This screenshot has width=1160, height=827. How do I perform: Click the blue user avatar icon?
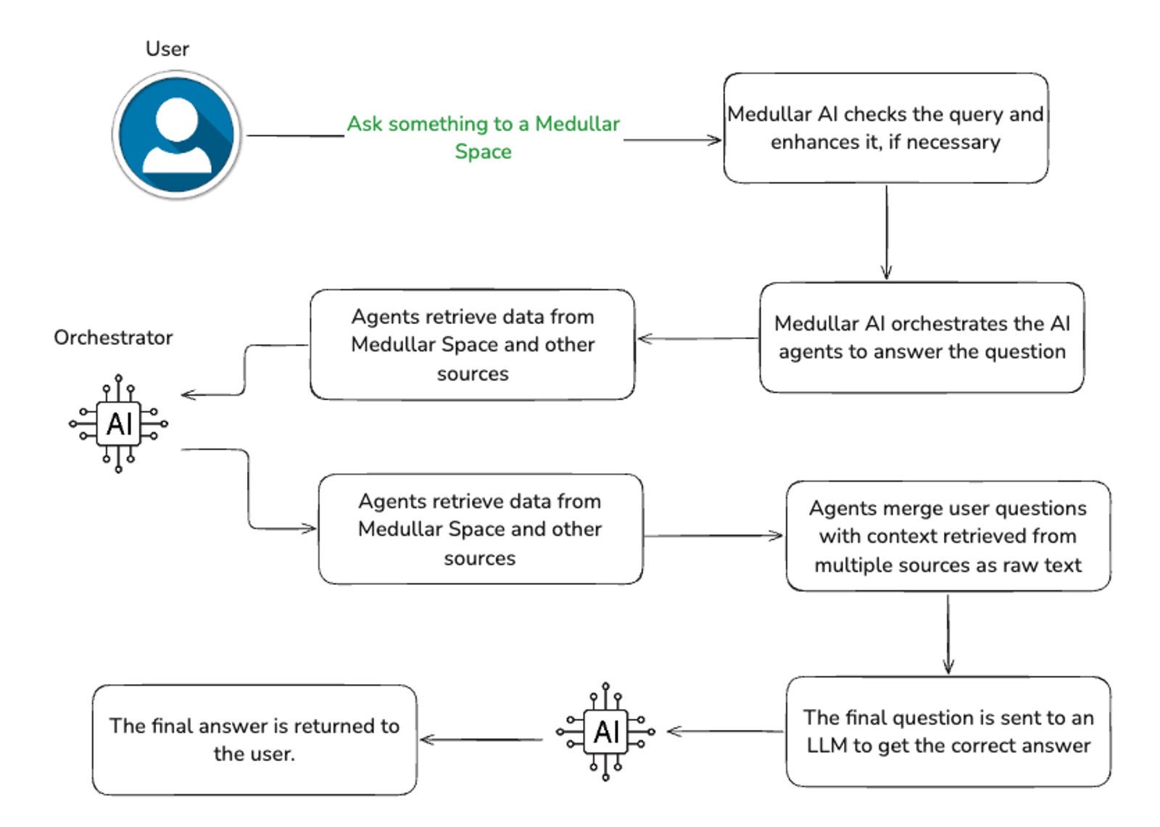tap(176, 135)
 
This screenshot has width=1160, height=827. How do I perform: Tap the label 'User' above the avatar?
tap(167, 49)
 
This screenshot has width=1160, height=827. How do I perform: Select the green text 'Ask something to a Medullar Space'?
tap(483, 137)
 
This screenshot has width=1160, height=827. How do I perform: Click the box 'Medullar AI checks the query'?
tap(885, 128)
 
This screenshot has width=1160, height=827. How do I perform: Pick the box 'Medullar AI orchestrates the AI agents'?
tap(921, 338)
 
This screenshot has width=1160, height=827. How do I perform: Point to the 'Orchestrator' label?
tap(113, 338)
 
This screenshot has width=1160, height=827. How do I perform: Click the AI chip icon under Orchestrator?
tap(119, 424)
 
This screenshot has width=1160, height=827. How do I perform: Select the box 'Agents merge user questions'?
tap(948, 536)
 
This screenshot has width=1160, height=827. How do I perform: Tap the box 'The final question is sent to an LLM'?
tap(948, 731)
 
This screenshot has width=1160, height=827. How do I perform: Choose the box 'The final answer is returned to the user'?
tap(254, 739)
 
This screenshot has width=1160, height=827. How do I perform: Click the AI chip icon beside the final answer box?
tap(606, 732)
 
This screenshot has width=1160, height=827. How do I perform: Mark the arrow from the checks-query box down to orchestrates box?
tap(886, 232)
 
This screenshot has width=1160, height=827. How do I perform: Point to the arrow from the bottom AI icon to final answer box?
tap(481, 739)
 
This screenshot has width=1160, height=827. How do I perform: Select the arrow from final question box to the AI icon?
tap(725, 731)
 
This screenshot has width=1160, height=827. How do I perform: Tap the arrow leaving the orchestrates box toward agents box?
tap(697, 338)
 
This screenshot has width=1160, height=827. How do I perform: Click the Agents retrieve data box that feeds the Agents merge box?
tap(480, 529)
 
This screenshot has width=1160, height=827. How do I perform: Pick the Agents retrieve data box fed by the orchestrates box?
tap(473, 345)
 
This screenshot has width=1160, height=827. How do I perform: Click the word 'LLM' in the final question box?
tap(826, 746)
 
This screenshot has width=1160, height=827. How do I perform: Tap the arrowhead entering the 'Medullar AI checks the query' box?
tap(715, 140)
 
